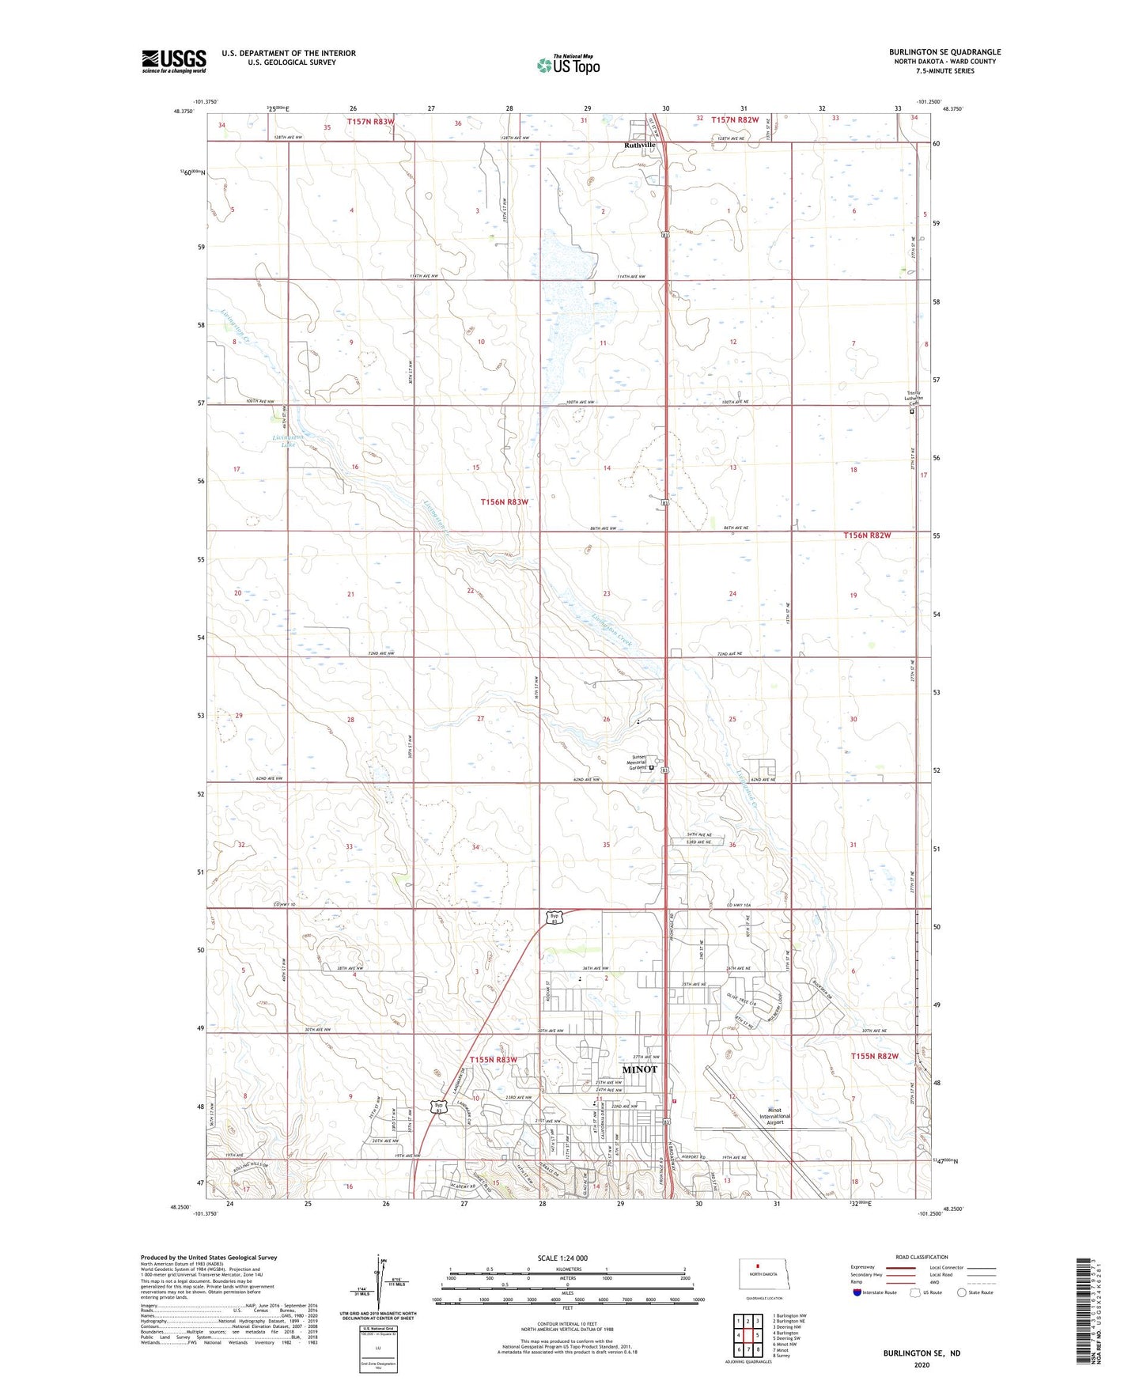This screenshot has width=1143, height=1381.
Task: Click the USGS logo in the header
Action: coord(173,61)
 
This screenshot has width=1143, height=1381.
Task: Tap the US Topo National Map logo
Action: coord(568,64)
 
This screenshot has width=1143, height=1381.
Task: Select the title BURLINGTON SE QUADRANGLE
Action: coord(944,52)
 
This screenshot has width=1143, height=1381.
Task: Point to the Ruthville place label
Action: coord(639,146)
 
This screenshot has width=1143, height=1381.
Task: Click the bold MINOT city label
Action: coord(639,1069)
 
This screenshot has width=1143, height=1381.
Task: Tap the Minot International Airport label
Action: coord(774,1116)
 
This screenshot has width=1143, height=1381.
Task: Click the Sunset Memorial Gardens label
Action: coord(638,762)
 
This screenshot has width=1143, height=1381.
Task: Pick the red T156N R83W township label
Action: coord(504,502)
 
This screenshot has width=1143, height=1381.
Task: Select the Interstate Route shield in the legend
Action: coord(858,1292)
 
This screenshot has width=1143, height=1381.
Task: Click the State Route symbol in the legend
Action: coord(962,1292)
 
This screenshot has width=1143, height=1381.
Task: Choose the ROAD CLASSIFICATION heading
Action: coord(922,1257)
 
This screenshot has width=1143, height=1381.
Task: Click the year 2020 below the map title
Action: coord(922,1364)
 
